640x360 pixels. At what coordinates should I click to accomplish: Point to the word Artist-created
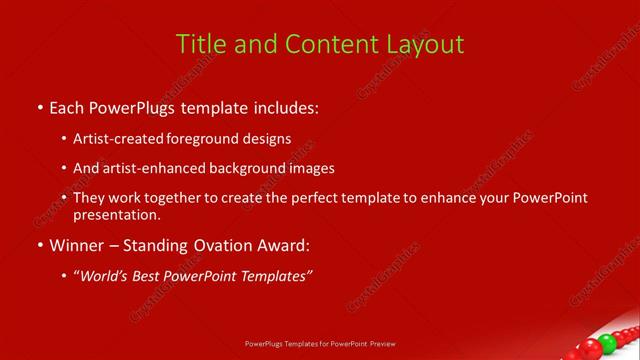pyautogui.click(x=115, y=138)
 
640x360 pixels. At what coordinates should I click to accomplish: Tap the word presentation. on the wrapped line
pyautogui.click(x=116, y=214)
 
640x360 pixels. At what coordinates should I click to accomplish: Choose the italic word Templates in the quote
pyautogui.click(x=274, y=276)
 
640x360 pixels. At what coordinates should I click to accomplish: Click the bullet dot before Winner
pyautogui.click(x=39, y=245)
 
